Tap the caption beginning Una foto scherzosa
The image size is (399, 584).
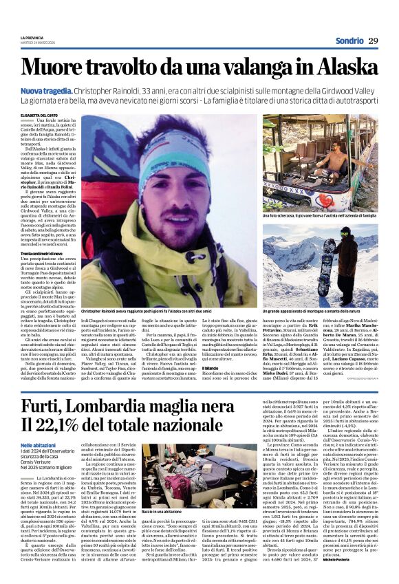click(319, 215)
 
